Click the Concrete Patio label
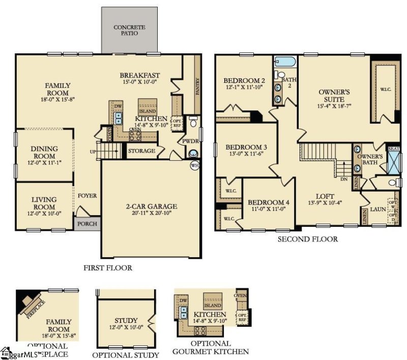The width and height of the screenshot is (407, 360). click(x=129, y=30)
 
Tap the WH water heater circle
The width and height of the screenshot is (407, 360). click(x=194, y=166)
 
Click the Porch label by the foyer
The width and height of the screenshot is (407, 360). click(x=88, y=223)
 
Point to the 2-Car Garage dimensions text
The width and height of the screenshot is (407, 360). click(x=152, y=214)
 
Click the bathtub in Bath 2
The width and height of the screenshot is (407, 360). click(x=285, y=63)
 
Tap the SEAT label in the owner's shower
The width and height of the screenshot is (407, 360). click(x=394, y=148)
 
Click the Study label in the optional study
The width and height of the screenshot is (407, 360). click(x=126, y=320)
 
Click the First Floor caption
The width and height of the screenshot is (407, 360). click(x=107, y=267)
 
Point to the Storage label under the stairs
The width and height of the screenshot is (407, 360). click(x=141, y=151)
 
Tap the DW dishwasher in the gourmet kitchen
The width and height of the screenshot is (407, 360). click(x=184, y=301)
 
